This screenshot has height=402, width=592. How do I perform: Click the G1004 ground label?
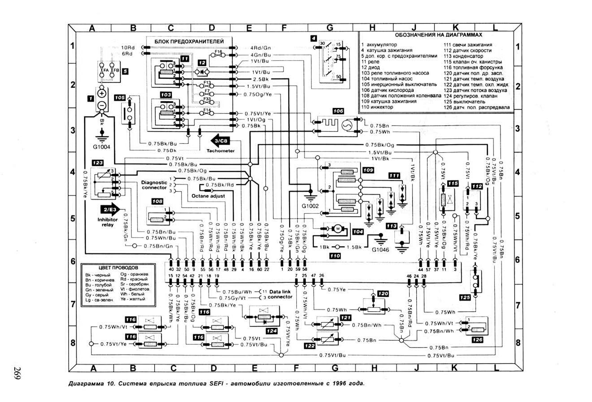tap(101, 147)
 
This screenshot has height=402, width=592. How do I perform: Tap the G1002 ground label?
tap(310, 206)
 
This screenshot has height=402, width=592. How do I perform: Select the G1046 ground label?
tap(380, 250)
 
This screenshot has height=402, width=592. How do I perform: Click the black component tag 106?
tap(338, 111)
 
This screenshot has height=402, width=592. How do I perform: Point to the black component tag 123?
tap(98, 163)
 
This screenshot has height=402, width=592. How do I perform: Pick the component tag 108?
tap(157, 201)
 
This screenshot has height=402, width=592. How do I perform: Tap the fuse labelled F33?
tap(207, 102)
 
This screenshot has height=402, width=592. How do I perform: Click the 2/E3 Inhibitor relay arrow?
tap(110, 210)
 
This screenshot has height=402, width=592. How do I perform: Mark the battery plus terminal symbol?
tap(102, 93)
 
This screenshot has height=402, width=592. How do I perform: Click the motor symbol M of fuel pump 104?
tap(338, 229)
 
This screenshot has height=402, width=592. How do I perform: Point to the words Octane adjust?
tap(208, 196)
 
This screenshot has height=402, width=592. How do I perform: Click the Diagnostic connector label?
tap(154, 185)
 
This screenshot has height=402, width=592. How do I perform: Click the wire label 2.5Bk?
tap(261, 79)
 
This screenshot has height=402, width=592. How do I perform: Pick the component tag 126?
tap(477, 339)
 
